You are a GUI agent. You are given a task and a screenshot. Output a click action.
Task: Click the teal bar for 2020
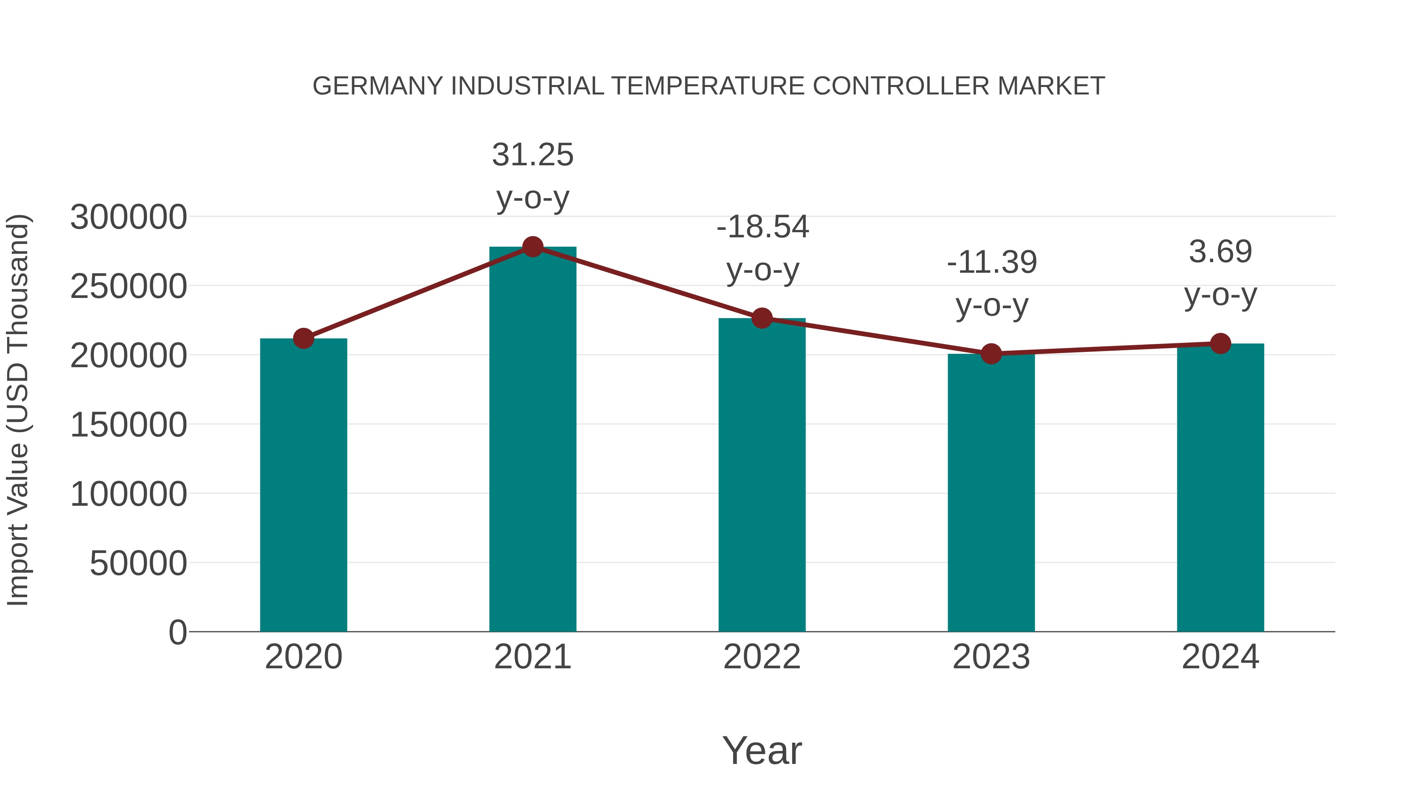click(x=303, y=484)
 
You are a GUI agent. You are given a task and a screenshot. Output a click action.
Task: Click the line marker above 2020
click(x=303, y=338)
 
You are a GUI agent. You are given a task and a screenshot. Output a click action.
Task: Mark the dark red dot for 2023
click(x=991, y=354)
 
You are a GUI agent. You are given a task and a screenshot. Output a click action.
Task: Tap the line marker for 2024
click(x=1220, y=343)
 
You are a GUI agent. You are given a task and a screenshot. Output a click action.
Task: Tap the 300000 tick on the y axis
click(x=128, y=217)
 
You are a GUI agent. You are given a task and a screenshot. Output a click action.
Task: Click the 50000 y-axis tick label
click(x=138, y=563)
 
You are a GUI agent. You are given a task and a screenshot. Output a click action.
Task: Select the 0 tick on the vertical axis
click(x=177, y=632)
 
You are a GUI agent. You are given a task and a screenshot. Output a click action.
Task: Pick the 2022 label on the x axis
click(x=762, y=657)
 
